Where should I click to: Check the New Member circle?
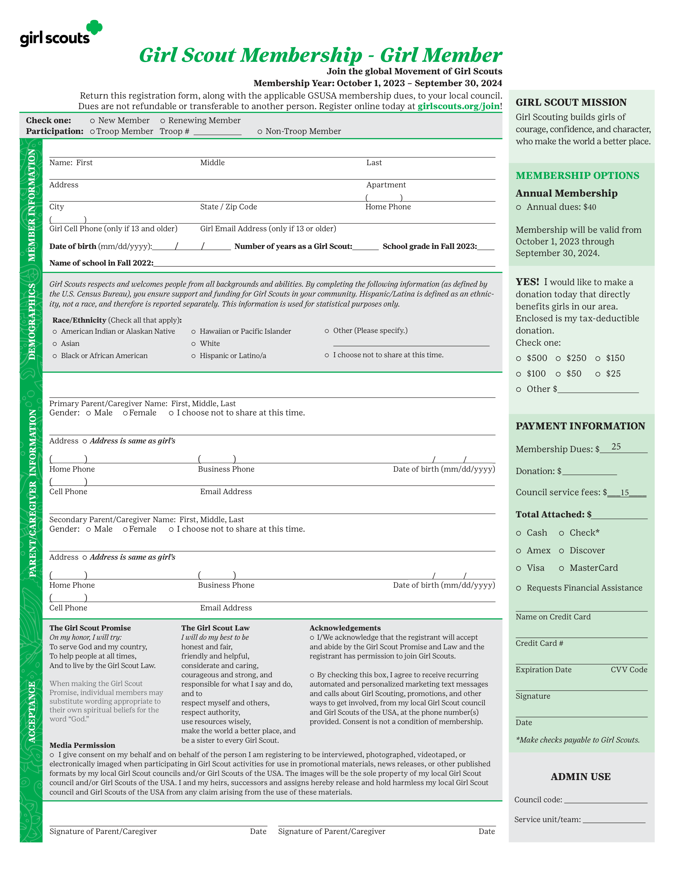coord(92,120)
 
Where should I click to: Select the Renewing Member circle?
coord(163,120)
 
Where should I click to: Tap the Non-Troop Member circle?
coord(260,131)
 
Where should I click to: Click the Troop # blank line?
coord(217,133)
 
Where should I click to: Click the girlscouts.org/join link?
coord(458,106)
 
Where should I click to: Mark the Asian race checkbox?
coord(55,344)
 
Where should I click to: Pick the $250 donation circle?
coord(558,359)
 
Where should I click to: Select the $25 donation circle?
coord(598,374)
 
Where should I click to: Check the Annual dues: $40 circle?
coord(518,207)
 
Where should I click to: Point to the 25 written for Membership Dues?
coord(616,447)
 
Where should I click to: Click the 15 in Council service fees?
coord(625,493)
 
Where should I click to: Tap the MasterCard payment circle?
coord(561,568)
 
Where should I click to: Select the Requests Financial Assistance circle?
coord(518,588)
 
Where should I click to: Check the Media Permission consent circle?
coord(52,755)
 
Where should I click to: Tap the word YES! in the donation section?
coord(527,282)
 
